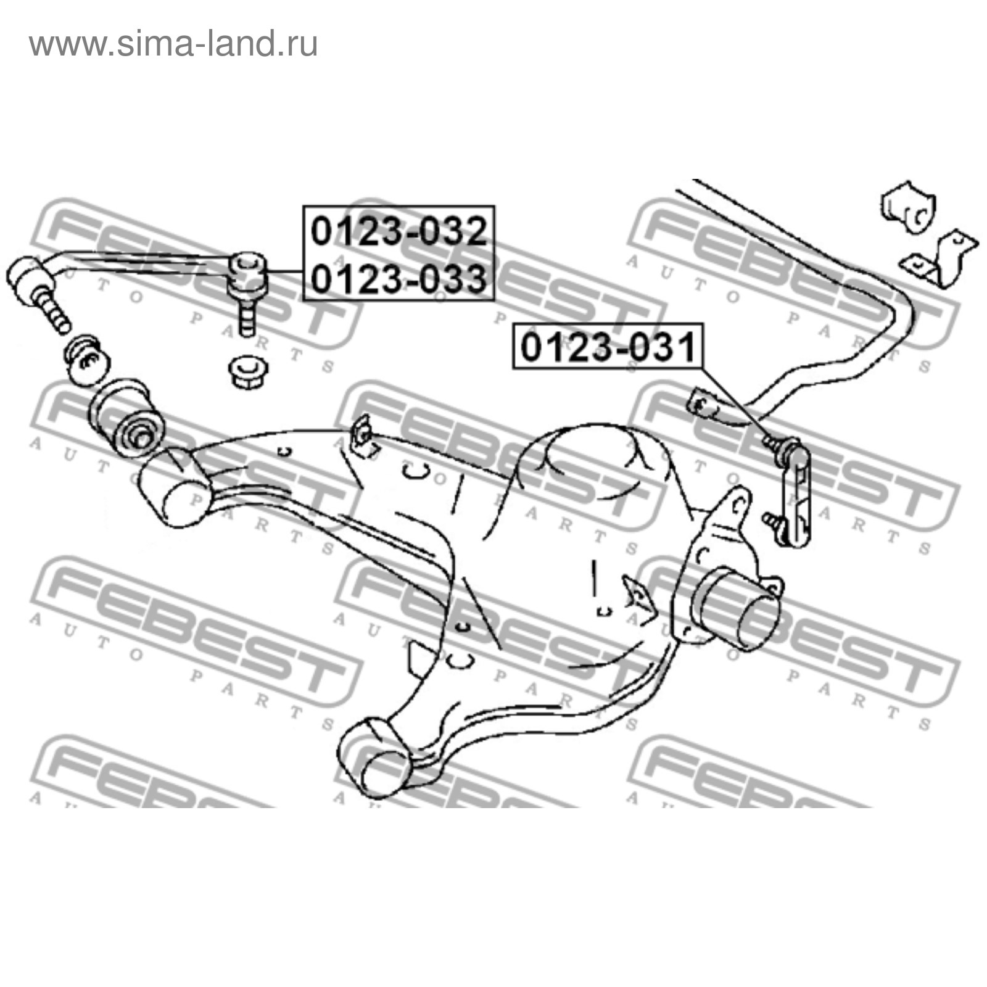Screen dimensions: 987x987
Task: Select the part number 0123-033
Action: (399, 278)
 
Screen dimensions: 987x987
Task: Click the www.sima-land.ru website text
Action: (173, 44)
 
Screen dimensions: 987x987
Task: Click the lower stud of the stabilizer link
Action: (774, 522)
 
